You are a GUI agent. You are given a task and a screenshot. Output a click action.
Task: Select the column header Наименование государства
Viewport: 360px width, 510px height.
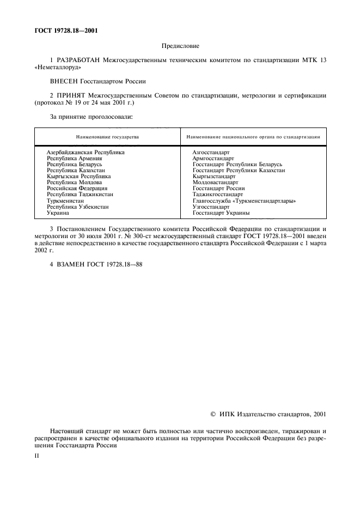coord(107,137)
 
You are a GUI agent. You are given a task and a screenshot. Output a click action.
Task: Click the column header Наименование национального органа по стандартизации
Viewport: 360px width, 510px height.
coord(253,137)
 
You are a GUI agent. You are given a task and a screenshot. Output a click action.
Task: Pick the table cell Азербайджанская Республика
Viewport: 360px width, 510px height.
coord(86,152)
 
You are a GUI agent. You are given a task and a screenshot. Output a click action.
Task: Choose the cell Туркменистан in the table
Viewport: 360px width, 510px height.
coord(65,201)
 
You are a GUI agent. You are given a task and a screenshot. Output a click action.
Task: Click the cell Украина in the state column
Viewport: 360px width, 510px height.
coord(58,213)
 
